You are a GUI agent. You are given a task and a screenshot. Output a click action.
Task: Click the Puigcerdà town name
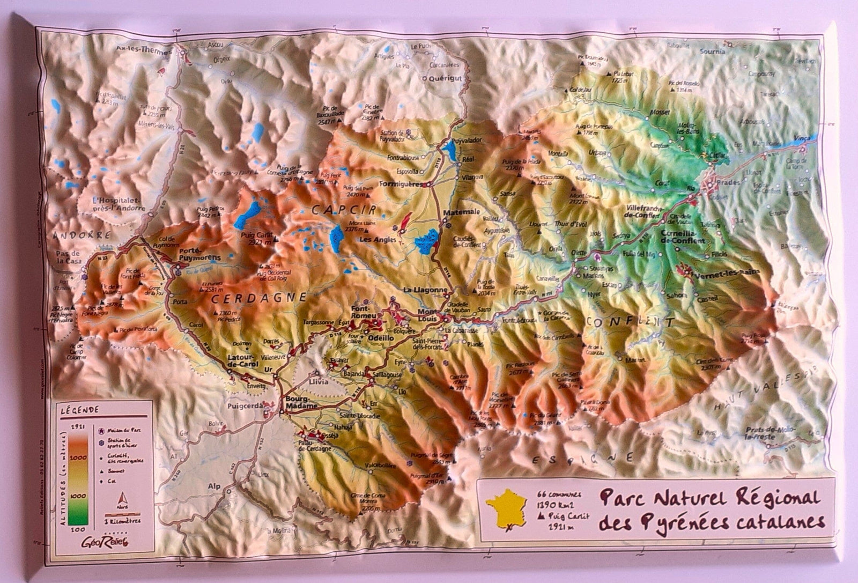246,406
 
